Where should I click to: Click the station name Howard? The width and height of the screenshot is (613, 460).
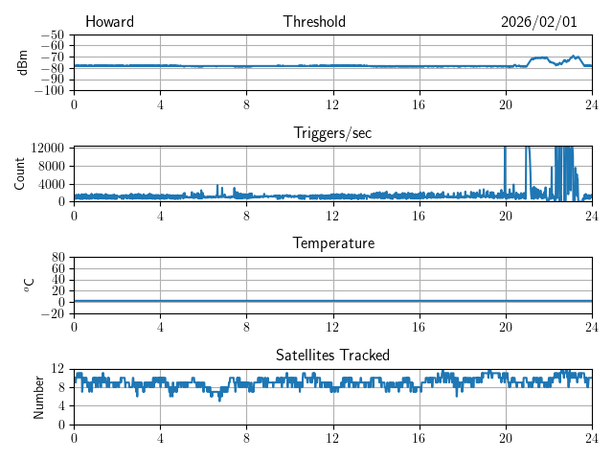(109, 22)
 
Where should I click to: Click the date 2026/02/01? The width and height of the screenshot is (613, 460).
(538, 22)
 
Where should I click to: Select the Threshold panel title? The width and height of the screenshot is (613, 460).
(314, 22)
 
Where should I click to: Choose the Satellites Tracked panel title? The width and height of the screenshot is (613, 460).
(332, 355)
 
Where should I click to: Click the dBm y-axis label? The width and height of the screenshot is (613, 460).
(23, 62)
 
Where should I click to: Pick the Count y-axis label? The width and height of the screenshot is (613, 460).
(19, 173)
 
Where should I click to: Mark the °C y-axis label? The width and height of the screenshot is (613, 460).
(29, 285)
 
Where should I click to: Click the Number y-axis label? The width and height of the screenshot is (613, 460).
(39, 396)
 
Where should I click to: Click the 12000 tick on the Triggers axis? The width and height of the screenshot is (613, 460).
(48, 148)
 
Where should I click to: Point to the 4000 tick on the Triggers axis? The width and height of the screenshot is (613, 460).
(52, 184)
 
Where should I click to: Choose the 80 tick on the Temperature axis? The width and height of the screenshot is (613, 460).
(59, 258)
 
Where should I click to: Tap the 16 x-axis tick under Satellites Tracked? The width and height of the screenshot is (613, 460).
(420, 437)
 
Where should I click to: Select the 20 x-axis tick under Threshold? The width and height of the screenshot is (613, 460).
(506, 103)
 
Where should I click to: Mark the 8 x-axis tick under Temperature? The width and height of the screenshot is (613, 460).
(247, 326)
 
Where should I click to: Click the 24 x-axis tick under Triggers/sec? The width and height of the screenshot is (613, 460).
(592, 215)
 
